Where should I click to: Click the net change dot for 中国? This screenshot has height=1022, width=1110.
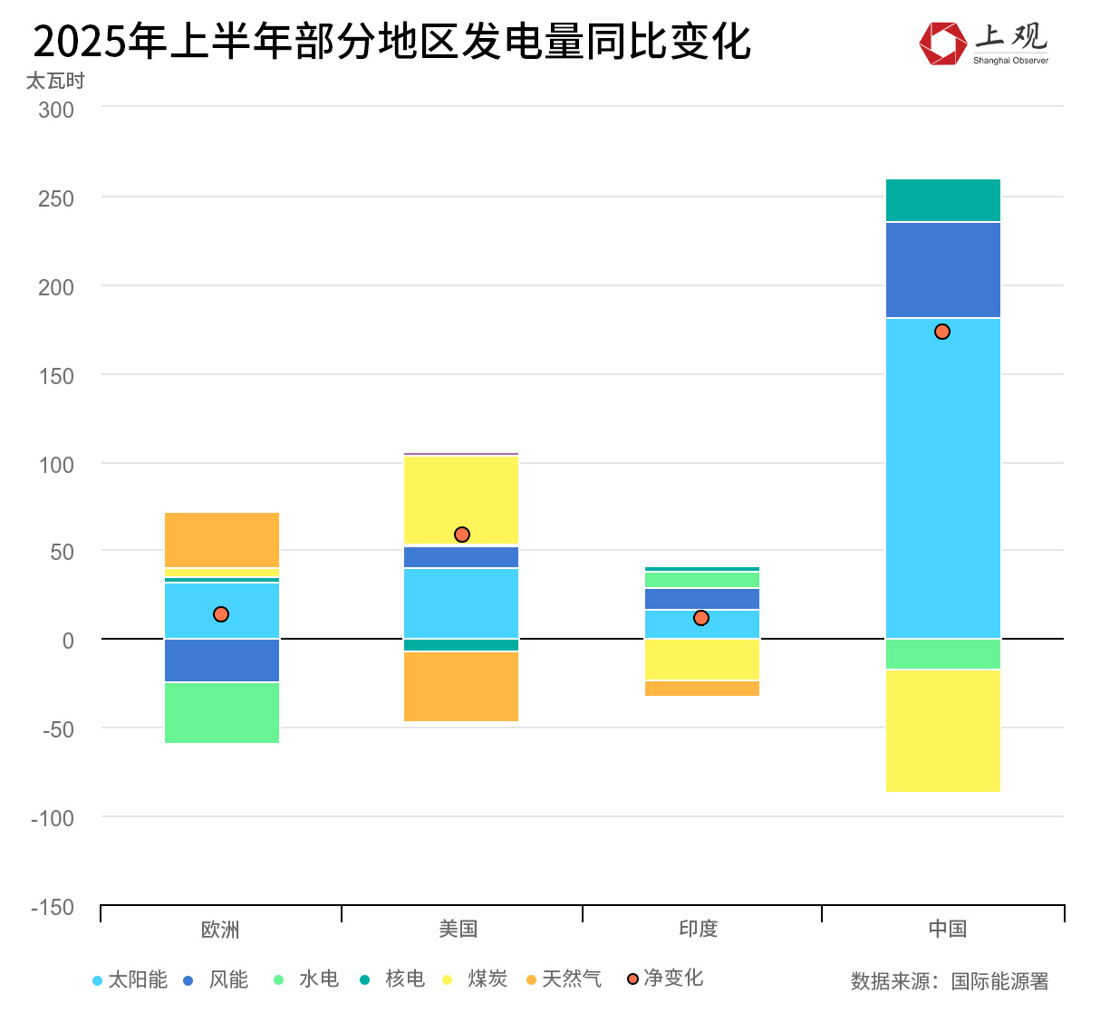point(942,332)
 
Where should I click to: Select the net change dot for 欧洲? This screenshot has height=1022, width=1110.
point(221,614)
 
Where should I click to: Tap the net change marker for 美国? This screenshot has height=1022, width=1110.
point(462,535)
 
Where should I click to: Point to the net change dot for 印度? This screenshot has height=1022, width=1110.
point(701,618)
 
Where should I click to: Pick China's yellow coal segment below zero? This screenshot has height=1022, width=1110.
point(942,730)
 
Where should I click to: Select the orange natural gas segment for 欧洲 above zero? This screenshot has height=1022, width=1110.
point(221,540)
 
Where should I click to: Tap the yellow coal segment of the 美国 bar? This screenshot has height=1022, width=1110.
point(461,499)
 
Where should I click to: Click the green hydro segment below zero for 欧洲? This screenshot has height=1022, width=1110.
point(221,712)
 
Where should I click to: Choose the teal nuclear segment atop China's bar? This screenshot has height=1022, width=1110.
point(942,200)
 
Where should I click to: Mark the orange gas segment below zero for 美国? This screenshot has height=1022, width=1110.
point(461,686)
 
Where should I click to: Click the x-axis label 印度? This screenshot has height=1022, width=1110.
point(698,929)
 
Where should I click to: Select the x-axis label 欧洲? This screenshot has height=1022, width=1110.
point(220,929)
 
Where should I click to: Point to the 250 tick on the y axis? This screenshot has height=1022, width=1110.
point(56,198)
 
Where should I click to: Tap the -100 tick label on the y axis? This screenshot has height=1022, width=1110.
point(53,818)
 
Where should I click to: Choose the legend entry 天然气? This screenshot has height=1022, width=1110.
point(564,979)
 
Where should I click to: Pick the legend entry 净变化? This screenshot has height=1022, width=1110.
point(665,979)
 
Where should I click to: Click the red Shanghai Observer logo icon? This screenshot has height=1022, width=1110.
point(942,43)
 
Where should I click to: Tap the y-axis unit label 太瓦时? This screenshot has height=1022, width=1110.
point(55,82)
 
